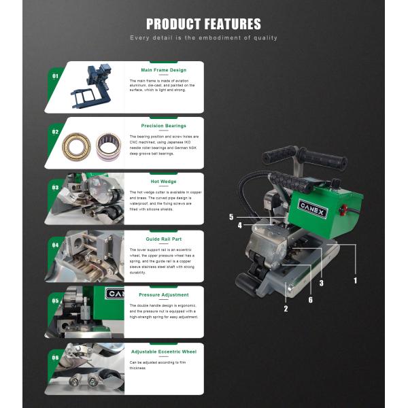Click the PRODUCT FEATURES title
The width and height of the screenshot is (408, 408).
click(203, 24)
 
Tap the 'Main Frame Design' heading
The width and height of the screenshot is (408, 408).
click(163, 70)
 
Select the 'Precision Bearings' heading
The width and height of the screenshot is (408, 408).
click(163, 126)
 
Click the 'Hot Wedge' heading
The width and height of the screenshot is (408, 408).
click(163, 182)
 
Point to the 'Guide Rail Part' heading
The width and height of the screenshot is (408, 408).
click(163, 239)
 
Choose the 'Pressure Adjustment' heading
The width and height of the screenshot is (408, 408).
click(163, 295)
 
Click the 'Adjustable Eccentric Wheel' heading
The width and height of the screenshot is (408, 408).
click(163, 352)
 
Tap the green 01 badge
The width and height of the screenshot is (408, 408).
click(55, 76)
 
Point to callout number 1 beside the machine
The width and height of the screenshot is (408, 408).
click(354, 279)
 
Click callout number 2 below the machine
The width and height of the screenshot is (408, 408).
click(286, 309)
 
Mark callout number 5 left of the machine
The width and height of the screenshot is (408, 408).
click(231, 217)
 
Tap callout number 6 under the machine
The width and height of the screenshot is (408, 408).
click(311, 300)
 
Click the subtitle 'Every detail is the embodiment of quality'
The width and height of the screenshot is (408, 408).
click(203, 38)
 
